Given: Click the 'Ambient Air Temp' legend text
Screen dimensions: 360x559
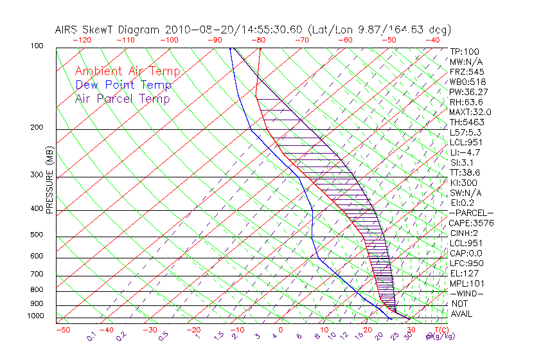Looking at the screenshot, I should (127, 71).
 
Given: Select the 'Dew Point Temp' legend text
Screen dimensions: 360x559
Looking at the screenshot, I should (123, 85).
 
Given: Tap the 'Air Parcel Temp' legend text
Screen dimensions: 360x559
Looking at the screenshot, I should (122, 98).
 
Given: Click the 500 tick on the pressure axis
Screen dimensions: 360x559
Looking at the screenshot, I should (37, 235).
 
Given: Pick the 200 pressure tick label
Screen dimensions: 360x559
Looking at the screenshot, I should (37, 128).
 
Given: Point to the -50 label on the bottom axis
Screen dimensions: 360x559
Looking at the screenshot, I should (62, 330).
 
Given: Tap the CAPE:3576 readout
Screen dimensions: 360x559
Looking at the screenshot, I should (471, 223).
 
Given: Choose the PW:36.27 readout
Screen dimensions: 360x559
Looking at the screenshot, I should (468, 92).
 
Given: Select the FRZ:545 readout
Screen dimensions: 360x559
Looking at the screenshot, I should (467, 71).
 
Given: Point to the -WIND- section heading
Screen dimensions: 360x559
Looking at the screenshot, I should (467, 293).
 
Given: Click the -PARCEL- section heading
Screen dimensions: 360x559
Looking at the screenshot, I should (472, 213).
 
